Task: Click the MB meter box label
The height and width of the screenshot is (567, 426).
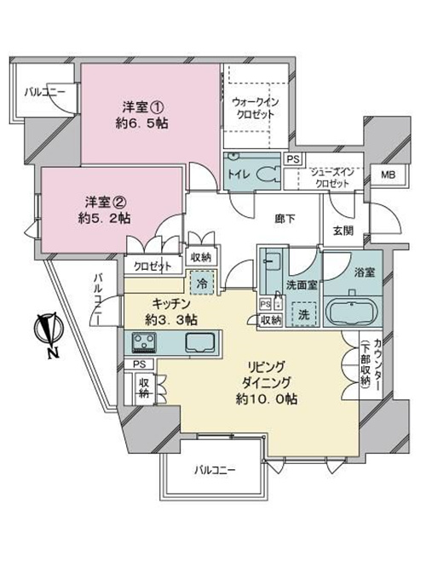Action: (389, 175)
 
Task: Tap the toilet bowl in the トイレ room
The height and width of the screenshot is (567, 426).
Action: (268, 175)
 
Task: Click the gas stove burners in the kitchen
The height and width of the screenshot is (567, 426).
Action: (144, 342)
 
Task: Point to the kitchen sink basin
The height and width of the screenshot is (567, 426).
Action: (200, 342)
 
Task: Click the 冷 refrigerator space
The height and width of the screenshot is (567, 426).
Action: (202, 283)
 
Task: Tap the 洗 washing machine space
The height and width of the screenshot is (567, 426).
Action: (304, 314)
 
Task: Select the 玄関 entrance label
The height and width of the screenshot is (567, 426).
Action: (343, 231)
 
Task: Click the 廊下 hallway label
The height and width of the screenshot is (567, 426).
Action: (285, 219)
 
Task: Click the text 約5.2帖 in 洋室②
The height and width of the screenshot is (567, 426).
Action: (104, 218)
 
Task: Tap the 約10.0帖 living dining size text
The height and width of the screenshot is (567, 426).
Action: (268, 398)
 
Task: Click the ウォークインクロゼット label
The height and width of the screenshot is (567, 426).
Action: (255, 108)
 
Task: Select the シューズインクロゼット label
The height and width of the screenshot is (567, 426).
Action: (332, 178)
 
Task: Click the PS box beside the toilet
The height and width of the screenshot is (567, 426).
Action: (293, 159)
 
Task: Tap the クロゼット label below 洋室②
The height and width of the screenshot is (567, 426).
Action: (153, 266)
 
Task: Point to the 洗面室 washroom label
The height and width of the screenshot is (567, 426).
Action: (302, 285)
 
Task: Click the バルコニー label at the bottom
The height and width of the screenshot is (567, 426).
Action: (215, 470)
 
